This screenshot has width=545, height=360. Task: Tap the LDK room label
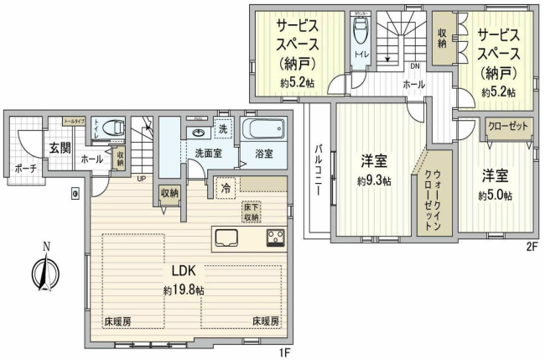(184, 272)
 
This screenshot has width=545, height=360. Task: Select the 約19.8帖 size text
(184, 290)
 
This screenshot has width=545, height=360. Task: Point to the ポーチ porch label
(25, 167)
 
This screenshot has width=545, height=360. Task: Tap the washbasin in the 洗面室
(199, 133)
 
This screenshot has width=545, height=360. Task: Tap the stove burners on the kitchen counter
(275, 237)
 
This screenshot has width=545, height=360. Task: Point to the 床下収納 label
(251, 211)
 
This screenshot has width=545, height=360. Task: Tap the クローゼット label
(507, 126)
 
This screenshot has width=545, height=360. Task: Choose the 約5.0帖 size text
(495, 196)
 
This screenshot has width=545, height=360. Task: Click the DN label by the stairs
(414, 66)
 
